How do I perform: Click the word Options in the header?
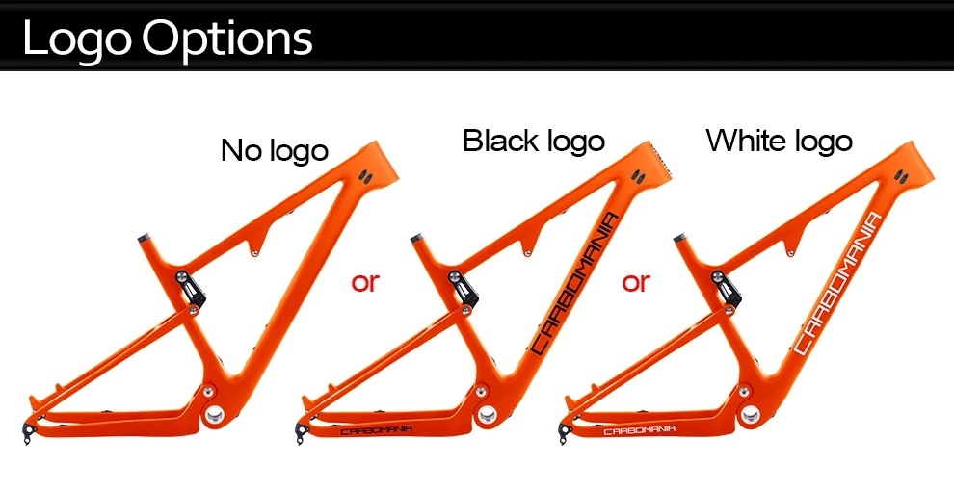227,39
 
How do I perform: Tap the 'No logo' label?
275,150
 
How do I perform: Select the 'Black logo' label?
533,141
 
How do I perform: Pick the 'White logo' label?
779,141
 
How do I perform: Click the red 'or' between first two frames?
365,282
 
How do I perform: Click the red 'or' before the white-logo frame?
636,282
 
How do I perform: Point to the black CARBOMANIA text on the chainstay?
377,430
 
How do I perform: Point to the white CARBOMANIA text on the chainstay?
639,430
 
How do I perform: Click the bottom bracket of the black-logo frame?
487,414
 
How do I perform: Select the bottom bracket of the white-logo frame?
749,414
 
